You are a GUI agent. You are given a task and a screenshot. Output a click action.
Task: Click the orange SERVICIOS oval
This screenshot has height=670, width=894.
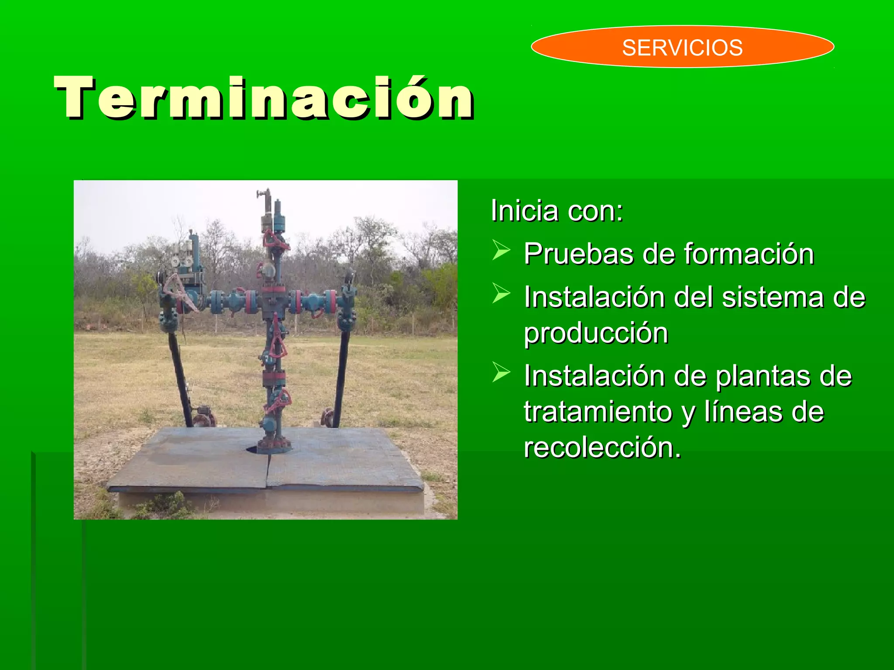[x=682, y=47]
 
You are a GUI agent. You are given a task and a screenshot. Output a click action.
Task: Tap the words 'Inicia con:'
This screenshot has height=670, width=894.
[x=557, y=211]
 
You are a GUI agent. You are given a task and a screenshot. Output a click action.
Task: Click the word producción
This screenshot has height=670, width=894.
[x=596, y=334]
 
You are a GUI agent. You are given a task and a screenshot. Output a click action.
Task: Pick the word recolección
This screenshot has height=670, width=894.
[x=602, y=448]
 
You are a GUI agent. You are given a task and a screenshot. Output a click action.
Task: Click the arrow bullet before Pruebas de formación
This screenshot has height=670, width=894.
[x=501, y=250]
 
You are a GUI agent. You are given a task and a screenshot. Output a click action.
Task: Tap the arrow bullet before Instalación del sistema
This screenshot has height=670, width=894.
[x=501, y=293]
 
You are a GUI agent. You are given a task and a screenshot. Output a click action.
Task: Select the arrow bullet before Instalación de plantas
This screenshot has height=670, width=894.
[x=501, y=372]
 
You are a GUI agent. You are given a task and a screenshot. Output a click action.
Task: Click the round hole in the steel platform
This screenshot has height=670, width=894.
[x=256, y=449]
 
